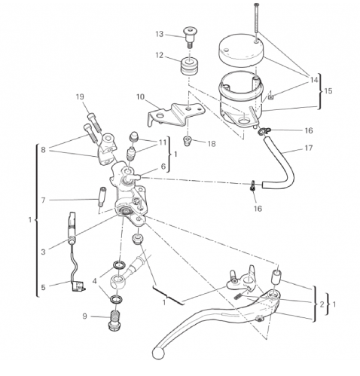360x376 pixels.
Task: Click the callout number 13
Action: click(160, 34)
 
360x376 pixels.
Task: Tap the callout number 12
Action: click(160, 55)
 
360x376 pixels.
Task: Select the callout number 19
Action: click(80, 96)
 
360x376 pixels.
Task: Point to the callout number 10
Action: click(141, 96)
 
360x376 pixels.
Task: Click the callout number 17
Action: click(309, 148)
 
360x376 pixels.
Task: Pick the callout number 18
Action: click(212, 144)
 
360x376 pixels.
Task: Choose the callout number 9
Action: click(84, 316)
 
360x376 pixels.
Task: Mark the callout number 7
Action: click(43, 200)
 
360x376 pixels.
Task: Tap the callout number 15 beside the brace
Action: click(328, 90)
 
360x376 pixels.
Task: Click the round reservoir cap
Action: click(241, 50)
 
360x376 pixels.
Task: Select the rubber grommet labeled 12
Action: click(190, 66)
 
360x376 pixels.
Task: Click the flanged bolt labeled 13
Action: click(190, 37)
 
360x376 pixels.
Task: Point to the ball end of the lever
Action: click(159, 353)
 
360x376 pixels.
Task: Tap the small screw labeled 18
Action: click(187, 141)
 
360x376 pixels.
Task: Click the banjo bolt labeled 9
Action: click(114, 319)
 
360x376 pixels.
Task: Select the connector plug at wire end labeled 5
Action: click(78, 286)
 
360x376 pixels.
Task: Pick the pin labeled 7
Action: click(102, 197)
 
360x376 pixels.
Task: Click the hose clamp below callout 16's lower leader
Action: click(252, 186)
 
